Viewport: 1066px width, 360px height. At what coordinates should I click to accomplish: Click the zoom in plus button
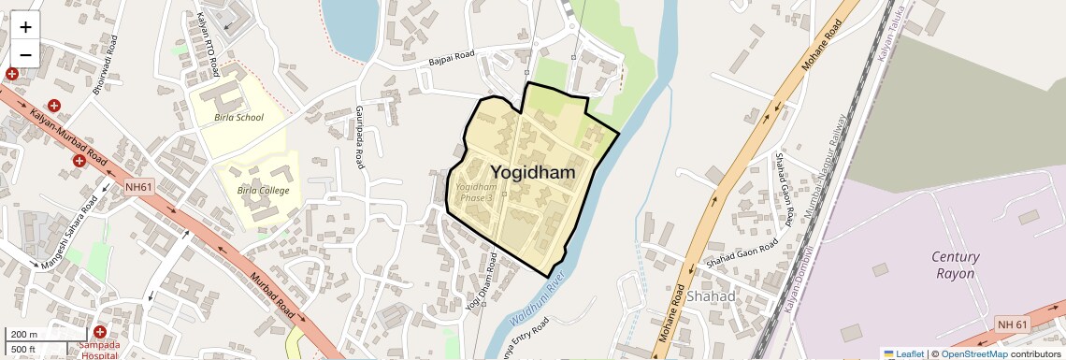(x=25, y=27)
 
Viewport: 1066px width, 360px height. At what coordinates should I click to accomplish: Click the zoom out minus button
(x=25, y=54)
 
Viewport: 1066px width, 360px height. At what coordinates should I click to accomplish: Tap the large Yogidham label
(x=532, y=172)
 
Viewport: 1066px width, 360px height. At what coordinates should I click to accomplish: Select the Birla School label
(x=238, y=118)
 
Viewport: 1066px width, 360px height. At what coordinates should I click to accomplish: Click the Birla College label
(x=263, y=191)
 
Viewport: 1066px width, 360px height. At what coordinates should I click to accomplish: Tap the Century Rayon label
(x=955, y=265)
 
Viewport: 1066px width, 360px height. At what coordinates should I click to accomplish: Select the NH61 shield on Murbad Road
(x=138, y=188)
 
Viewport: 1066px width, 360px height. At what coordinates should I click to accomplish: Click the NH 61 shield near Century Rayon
(x=1012, y=324)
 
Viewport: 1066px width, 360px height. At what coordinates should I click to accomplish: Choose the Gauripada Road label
(x=359, y=136)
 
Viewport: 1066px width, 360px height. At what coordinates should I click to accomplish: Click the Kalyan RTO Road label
(x=208, y=45)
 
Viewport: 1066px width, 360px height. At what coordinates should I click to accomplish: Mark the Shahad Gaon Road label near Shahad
(x=742, y=252)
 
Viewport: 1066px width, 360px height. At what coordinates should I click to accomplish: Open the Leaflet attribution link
(x=903, y=353)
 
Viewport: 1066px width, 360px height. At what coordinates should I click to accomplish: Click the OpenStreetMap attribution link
(x=974, y=353)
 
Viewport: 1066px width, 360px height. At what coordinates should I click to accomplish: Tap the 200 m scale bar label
(x=24, y=335)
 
